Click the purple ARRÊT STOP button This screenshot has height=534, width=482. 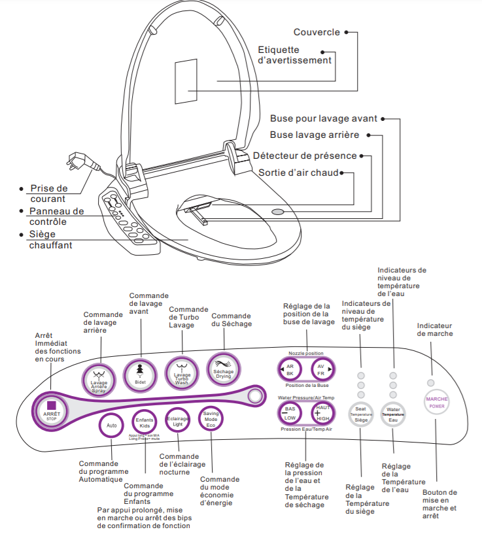pos(52,409)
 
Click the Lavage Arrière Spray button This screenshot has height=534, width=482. pos(99,378)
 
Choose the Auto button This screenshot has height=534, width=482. pos(111,425)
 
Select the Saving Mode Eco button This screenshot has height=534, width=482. pos(211,418)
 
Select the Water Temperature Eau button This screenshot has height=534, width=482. pos(393,414)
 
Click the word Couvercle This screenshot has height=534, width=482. pos(317,31)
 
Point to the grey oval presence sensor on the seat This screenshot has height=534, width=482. pos(278,211)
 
